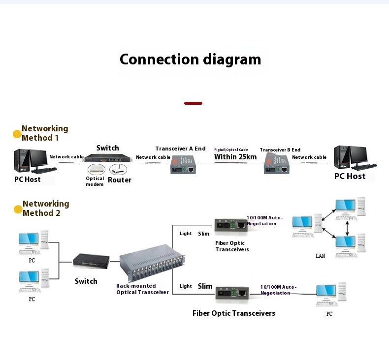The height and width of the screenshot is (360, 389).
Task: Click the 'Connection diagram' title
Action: pyautogui.click(x=190, y=60)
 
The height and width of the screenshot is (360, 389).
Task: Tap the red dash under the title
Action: pyautogui.click(x=193, y=103)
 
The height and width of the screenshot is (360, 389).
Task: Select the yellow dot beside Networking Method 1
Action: pyautogui.click(x=17, y=134)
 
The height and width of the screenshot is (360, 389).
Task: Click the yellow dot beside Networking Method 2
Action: pyautogui.click(x=18, y=210)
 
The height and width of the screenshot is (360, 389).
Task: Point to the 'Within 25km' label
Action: pyautogui.click(x=235, y=157)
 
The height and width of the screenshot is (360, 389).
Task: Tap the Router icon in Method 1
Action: pyautogui.click(x=118, y=169)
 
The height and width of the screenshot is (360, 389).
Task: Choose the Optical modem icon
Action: pyautogui.click(x=95, y=169)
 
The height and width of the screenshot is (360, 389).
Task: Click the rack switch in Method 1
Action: pyautogui.click(x=107, y=158)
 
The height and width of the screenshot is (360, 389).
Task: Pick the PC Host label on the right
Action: pyautogui.click(x=350, y=176)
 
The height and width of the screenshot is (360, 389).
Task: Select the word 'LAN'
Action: pyautogui.click(x=320, y=256)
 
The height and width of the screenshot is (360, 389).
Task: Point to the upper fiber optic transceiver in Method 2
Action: pyautogui.click(x=230, y=227)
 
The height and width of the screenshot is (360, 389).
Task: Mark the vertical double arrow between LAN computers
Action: pyautogui.click(x=348, y=227)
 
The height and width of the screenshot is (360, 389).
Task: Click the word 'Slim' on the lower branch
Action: pyautogui.click(x=205, y=286)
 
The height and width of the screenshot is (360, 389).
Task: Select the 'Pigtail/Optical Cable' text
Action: pyautogui.click(x=231, y=150)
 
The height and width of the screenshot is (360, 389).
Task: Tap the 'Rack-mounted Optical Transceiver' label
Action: pyautogui.click(x=142, y=289)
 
